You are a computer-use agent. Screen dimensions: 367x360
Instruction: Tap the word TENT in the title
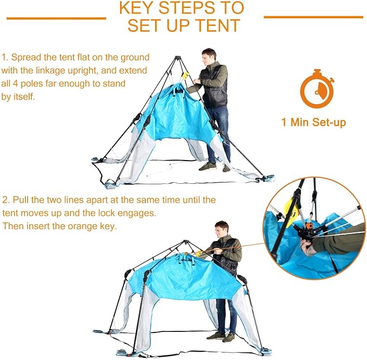click(x=218, y=25)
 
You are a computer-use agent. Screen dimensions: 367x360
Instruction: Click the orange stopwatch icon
click(x=317, y=89)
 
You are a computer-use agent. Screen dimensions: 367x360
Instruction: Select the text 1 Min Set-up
click(x=313, y=122)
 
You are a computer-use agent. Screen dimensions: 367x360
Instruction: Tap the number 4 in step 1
click(x=15, y=84)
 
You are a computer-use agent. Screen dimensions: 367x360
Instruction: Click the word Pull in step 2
click(x=21, y=200)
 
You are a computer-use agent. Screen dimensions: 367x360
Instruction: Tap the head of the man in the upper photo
click(x=209, y=57)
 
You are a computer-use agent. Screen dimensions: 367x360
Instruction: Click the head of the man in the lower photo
click(x=222, y=230)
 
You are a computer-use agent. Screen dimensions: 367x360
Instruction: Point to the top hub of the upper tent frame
click(x=178, y=57)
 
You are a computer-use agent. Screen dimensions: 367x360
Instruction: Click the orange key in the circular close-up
click(x=309, y=226)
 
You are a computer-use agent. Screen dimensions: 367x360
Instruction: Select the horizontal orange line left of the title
click(x=56, y=18)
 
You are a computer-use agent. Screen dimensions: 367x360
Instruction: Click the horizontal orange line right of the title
click(x=313, y=17)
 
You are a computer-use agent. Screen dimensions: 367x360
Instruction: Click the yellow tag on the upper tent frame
click(x=185, y=76)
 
